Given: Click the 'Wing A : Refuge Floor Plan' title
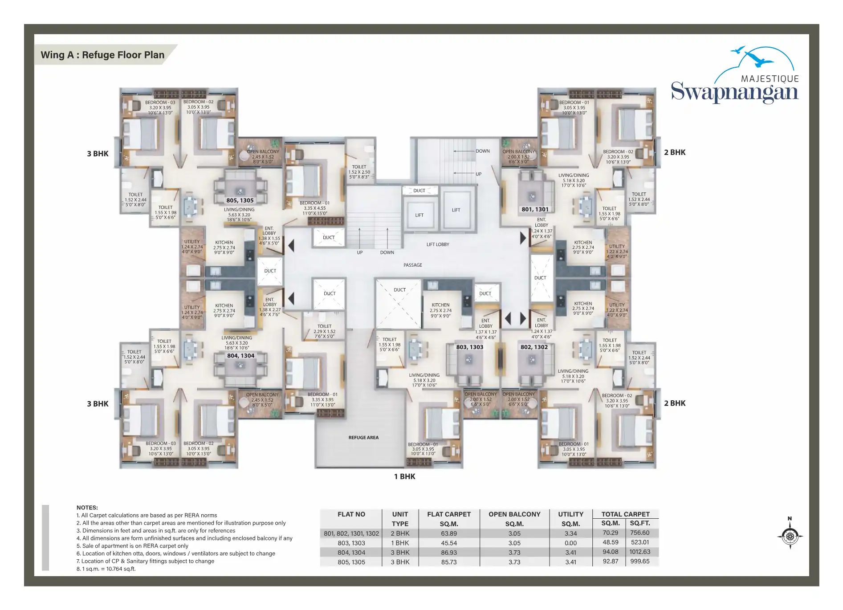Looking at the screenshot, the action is point(102,55).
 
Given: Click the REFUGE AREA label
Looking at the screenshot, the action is point(363,438).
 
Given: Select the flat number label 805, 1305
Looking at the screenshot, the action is point(240,200).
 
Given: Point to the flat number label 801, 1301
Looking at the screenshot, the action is point(535,209).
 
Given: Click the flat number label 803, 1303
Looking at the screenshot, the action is point(469,347).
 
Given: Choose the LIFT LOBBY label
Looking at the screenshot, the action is point(438,244).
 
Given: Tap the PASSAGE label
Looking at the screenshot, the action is point(413,265).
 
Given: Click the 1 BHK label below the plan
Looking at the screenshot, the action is point(404,476).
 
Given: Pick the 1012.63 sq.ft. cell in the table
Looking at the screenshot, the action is point(639,552).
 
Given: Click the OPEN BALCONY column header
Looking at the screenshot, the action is point(514,514).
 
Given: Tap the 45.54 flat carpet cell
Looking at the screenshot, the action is point(449,543).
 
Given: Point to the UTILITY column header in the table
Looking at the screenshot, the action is point(570,514).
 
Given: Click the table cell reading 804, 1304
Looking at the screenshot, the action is point(351,553).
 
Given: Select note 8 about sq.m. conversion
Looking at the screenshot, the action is point(106,569).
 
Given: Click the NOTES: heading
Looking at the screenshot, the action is point(87,508).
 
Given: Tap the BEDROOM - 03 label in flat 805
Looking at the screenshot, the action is point(160,102).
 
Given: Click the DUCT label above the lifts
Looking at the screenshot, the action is point(419,191).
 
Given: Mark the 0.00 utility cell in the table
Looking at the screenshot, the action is point(570,543).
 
